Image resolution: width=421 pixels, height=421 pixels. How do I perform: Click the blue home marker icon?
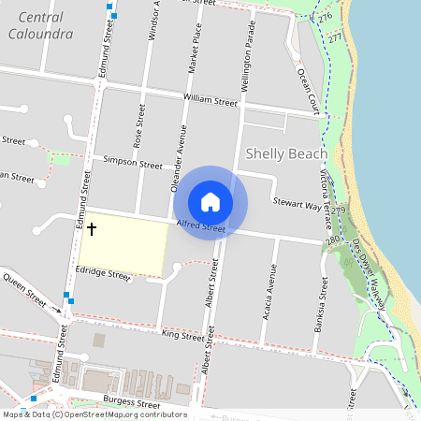pos(210,202)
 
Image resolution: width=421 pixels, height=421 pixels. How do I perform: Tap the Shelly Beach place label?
pos(286,153)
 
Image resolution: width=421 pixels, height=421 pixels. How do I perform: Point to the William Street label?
pos(211,100)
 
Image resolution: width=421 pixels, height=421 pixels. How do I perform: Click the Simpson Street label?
pos(133,162)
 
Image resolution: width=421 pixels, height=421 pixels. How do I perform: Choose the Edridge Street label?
pos(104,275)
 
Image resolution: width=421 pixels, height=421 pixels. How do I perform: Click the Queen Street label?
pos(23,289)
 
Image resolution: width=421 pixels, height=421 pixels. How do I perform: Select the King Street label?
pos(182,335)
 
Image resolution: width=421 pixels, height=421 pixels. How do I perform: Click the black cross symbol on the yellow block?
pos(92,228)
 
